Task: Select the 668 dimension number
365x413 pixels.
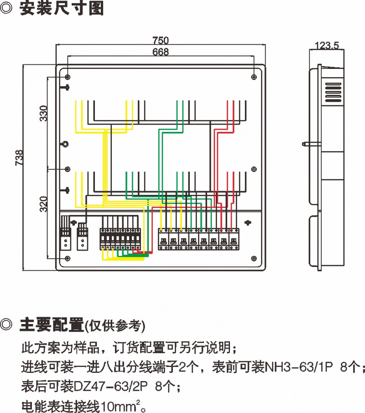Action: point(160,52)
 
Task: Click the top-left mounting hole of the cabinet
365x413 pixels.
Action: point(68,76)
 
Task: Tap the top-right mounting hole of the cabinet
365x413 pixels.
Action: point(254,76)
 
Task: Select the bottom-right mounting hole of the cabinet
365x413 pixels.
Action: point(254,258)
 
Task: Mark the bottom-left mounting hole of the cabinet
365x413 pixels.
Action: point(68,258)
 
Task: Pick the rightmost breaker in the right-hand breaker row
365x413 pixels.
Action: point(234,239)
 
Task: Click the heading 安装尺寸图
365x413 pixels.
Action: point(62,9)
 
